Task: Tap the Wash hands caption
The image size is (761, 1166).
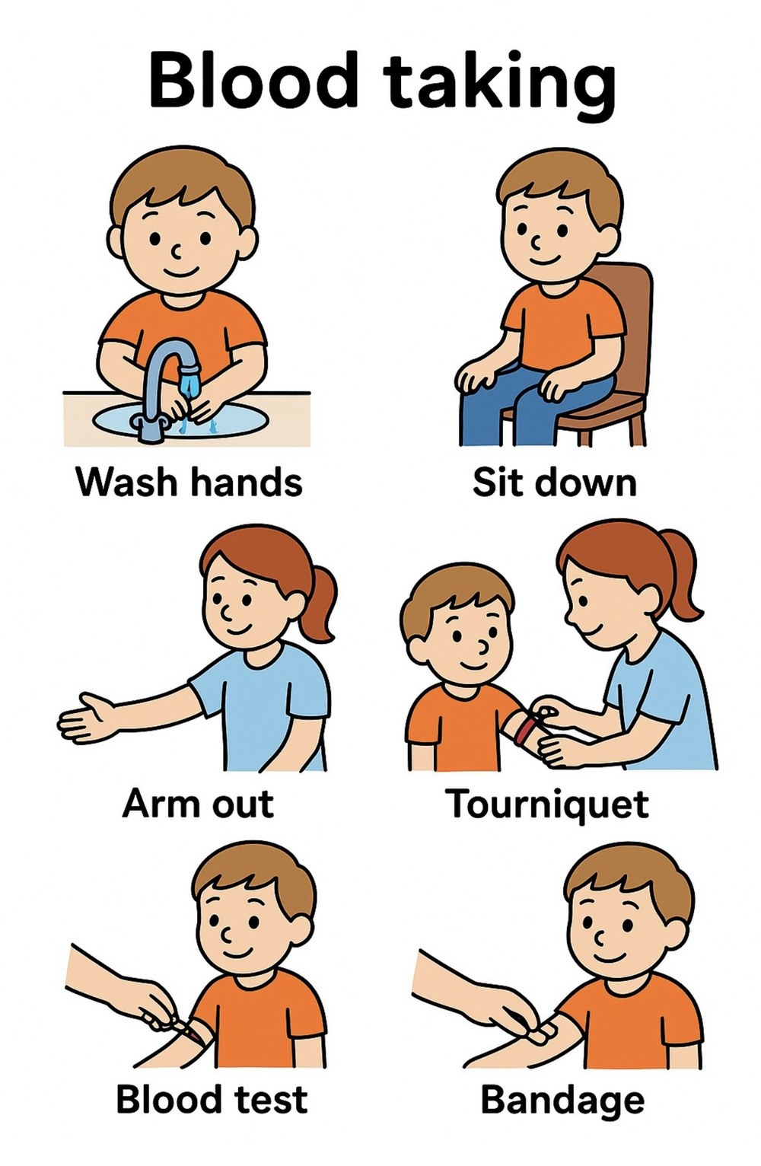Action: pos(189,482)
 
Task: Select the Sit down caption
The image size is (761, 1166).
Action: pos(554,482)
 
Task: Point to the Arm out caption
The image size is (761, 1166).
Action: pos(198,804)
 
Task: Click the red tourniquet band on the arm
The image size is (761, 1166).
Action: pos(527,728)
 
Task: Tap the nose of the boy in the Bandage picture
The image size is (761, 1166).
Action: pos(599,938)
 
